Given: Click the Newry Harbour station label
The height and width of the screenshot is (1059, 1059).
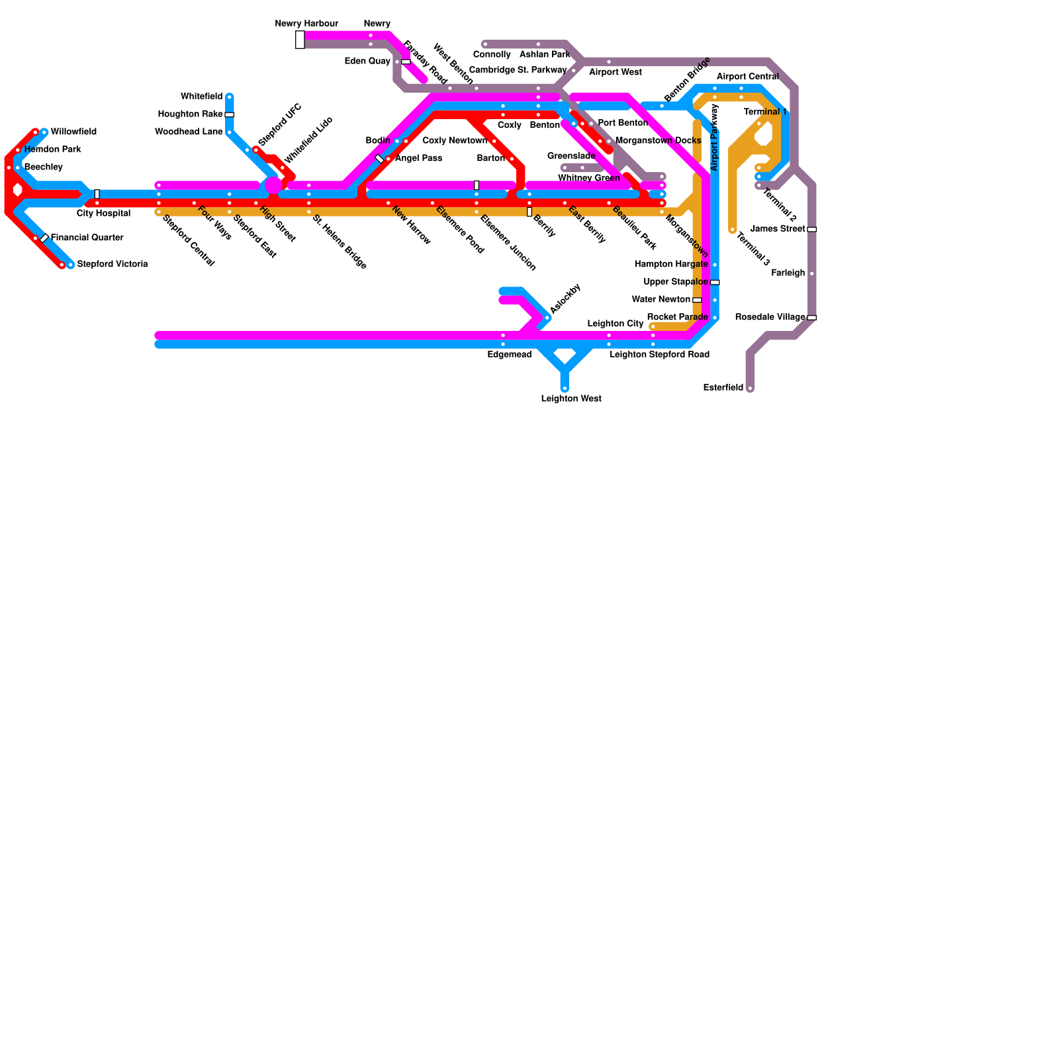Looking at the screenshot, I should pos(306,24).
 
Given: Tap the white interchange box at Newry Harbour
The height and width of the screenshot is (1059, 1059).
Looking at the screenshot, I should pos(300,40).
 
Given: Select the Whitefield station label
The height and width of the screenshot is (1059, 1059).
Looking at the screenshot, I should pos(201,97).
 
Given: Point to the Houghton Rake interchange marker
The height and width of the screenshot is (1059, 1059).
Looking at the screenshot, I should pos(229,115).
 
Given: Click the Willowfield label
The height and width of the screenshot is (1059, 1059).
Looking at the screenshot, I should pos(73,132).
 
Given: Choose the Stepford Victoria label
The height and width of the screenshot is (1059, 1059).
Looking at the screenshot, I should pos(112,264).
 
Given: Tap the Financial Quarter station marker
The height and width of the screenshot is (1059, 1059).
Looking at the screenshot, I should pos(44,238).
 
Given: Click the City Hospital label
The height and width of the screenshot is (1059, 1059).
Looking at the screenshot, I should pos(103,213).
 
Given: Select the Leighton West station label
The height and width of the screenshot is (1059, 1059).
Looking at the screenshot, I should pos(571,398).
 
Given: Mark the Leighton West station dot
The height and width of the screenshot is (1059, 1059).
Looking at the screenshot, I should pos(565,389).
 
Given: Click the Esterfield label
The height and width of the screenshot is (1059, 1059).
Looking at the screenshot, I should pos(723,387).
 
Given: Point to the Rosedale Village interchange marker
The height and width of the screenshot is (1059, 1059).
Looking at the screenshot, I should pos(811,318).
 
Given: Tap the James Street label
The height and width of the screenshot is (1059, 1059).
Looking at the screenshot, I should pos(778,229).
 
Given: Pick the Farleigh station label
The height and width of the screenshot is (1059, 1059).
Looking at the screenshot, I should pos(788,273).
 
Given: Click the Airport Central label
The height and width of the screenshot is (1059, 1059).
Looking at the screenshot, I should pos(747,76).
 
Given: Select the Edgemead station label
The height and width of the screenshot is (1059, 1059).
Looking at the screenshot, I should pos(509,355).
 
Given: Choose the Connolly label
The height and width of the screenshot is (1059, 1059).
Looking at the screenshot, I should pos(492,54).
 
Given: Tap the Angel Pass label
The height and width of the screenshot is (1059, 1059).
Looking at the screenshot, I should pos(418,158).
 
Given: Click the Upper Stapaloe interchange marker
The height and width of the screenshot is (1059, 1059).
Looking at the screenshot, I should pos(715,282).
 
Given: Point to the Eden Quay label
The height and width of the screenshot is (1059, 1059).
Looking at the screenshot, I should pos(367,61).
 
